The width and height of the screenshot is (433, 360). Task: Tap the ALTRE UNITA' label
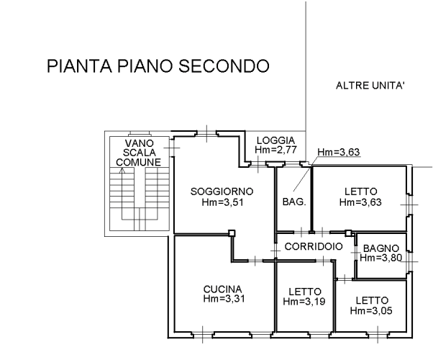[x=370, y=86]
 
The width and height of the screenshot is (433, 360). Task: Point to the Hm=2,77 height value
[x=275, y=150]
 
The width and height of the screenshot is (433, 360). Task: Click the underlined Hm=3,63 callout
[x=339, y=152]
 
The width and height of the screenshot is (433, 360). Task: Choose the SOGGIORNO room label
[x=222, y=191]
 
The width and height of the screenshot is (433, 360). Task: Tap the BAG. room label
[x=293, y=202]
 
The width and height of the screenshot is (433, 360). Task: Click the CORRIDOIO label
[x=313, y=247]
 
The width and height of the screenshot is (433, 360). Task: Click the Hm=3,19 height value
[x=304, y=302]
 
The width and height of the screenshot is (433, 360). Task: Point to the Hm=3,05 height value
[x=371, y=310]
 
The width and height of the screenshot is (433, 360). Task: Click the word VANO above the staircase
[x=139, y=143]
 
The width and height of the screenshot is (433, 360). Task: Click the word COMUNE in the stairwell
[x=139, y=163]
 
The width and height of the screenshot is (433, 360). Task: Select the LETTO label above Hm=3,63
[x=361, y=192]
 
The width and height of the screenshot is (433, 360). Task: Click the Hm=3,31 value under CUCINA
[x=224, y=300]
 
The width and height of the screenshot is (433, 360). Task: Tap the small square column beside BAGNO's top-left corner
[x=348, y=233]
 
